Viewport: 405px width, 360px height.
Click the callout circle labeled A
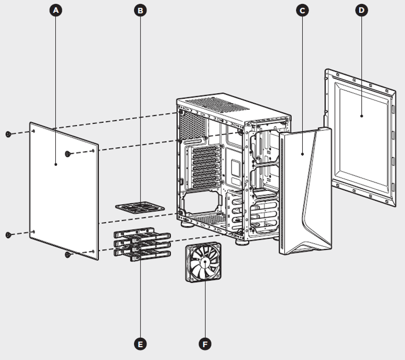[x=56, y=10]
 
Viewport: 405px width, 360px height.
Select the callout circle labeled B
[x=140, y=10]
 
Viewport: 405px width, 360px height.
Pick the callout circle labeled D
[x=362, y=10]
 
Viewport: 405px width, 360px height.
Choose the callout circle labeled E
[x=140, y=345]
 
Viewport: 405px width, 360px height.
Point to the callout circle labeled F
[x=205, y=345]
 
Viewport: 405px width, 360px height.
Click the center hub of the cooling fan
[x=204, y=262]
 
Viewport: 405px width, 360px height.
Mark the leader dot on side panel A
[x=56, y=164]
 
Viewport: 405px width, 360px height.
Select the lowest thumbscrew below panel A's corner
[x=68, y=255]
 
